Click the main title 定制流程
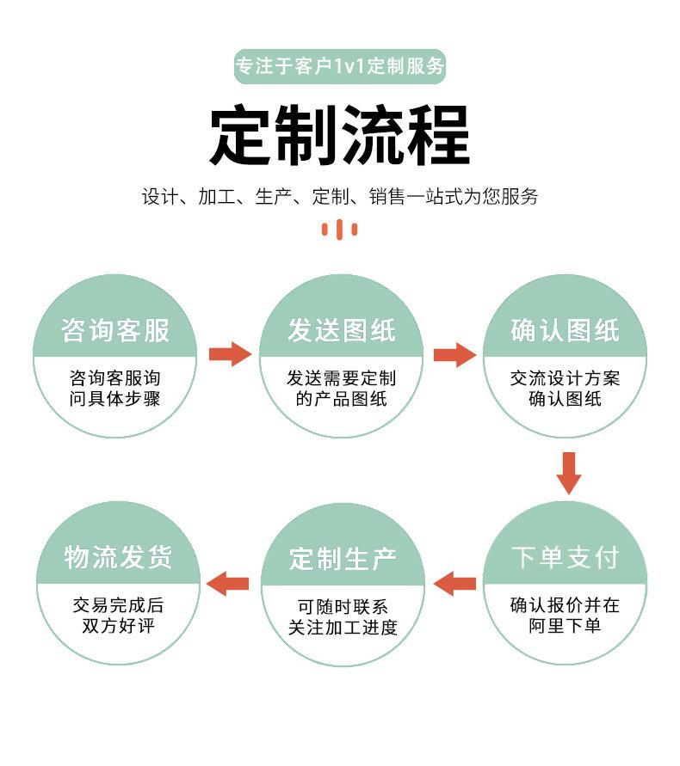(x=340, y=135)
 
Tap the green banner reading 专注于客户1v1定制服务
(x=340, y=66)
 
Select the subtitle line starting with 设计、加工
(x=340, y=196)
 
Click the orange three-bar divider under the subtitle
(x=340, y=229)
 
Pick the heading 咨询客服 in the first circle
(x=115, y=330)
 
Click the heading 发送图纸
(x=341, y=330)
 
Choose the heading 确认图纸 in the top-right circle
(x=565, y=330)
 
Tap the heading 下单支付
(x=565, y=557)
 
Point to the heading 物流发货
(x=118, y=557)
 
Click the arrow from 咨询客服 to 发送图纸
(x=229, y=353)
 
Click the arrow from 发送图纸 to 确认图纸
(x=454, y=354)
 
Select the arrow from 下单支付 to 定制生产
(x=454, y=584)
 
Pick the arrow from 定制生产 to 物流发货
(x=230, y=584)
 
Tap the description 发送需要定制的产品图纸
(x=341, y=389)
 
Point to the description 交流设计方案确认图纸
(x=565, y=389)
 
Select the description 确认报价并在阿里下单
(x=565, y=616)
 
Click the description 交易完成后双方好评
(x=118, y=616)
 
